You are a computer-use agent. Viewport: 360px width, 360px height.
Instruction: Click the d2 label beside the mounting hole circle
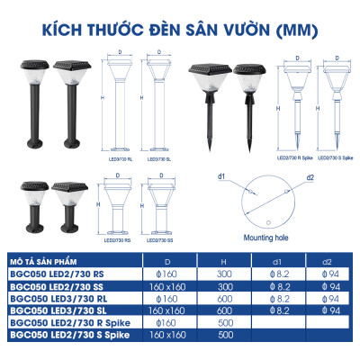coord(309,177)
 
